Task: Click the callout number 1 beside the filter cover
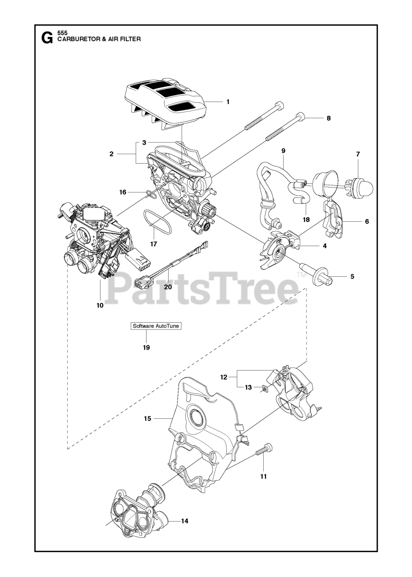[228, 102]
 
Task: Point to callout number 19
[146, 348]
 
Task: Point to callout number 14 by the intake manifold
[184, 521]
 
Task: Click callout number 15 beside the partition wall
[147, 419]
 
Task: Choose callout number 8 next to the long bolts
[329, 118]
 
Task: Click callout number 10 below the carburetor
[100, 305]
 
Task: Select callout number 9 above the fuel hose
[284, 150]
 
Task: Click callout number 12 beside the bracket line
[224, 377]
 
